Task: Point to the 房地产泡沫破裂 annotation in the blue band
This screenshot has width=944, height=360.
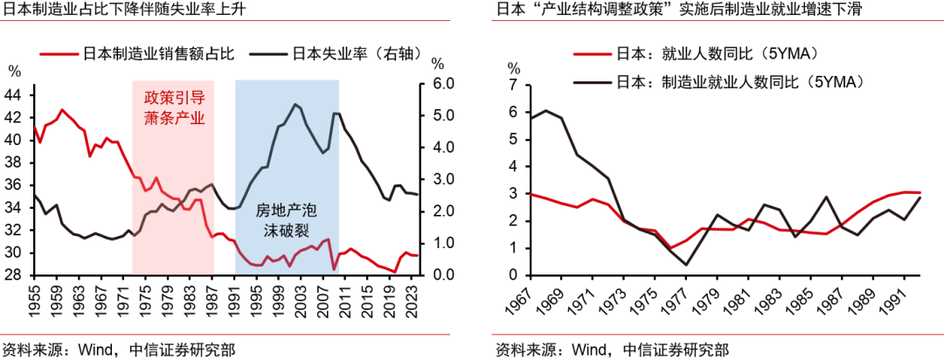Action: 286,221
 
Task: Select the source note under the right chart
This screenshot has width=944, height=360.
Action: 612,350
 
